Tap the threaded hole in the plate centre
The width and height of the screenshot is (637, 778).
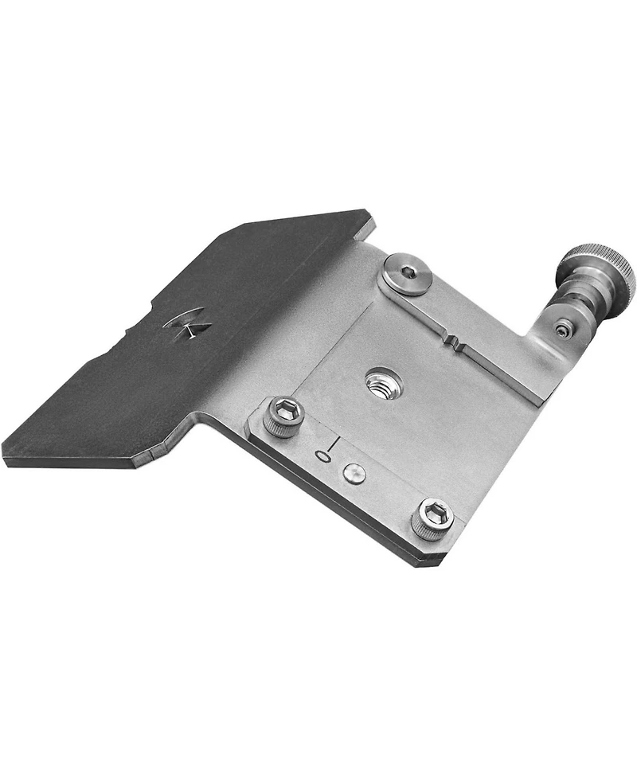tap(384, 385)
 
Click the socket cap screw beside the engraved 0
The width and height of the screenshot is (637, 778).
tap(284, 416)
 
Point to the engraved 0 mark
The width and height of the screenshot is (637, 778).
tap(322, 456)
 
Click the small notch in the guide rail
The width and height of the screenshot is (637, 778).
tap(456, 347)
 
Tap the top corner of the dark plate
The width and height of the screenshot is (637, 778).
tap(369, 212)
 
